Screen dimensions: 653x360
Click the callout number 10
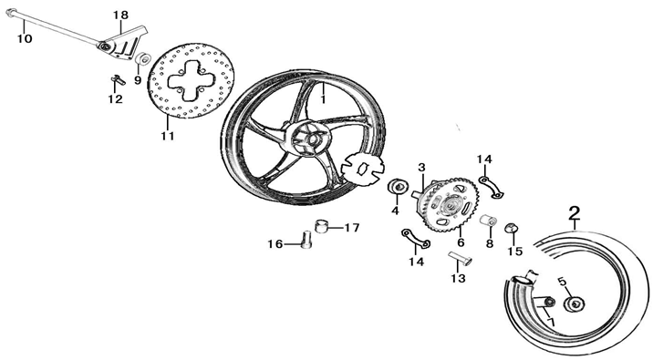(x=24, y=38)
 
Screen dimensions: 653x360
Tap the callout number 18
(x=121, y=15)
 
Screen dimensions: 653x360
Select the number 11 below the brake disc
(x=167, y=136)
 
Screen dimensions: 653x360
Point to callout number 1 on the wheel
(x=322, y=100)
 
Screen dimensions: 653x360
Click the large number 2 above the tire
(x=574, y=213)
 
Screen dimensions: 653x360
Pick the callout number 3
(x=422, y=167)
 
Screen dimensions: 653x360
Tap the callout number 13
(x=458, y=278)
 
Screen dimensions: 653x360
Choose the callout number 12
(x=115, y=99)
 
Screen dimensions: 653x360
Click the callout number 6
(x=461, y=242)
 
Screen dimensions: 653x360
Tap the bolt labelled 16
(x=304, y=241)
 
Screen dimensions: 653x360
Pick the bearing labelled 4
(x=398, y=188)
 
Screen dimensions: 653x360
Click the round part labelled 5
(x=578, y=304)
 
